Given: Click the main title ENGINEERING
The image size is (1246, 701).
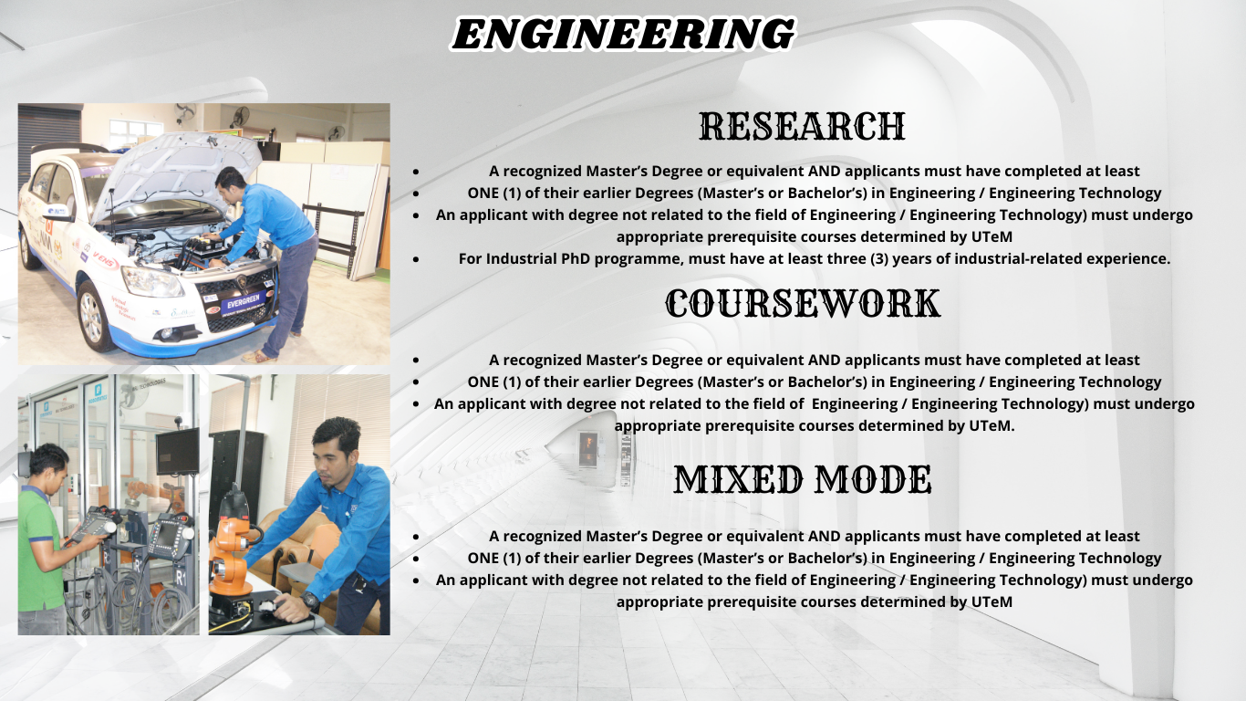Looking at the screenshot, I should [x=623, y=35].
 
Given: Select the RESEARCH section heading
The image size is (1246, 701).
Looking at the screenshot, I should [x=802, y=127].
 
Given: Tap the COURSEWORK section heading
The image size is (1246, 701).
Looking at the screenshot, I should [x=802, y=304].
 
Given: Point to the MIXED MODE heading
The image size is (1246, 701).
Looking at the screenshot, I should [x=802, y=480].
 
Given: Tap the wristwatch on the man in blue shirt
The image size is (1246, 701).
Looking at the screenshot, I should [x=311, y=601].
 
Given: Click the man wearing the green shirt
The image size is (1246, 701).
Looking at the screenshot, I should [x=41, y=539].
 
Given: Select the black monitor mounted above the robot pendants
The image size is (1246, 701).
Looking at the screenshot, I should [x=178, y=450].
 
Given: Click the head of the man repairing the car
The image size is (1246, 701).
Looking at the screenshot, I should [x=231, y=181].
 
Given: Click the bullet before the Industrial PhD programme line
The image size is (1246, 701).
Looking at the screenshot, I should [x=416, y=259].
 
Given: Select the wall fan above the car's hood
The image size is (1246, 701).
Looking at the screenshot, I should [x=240, y=117].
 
